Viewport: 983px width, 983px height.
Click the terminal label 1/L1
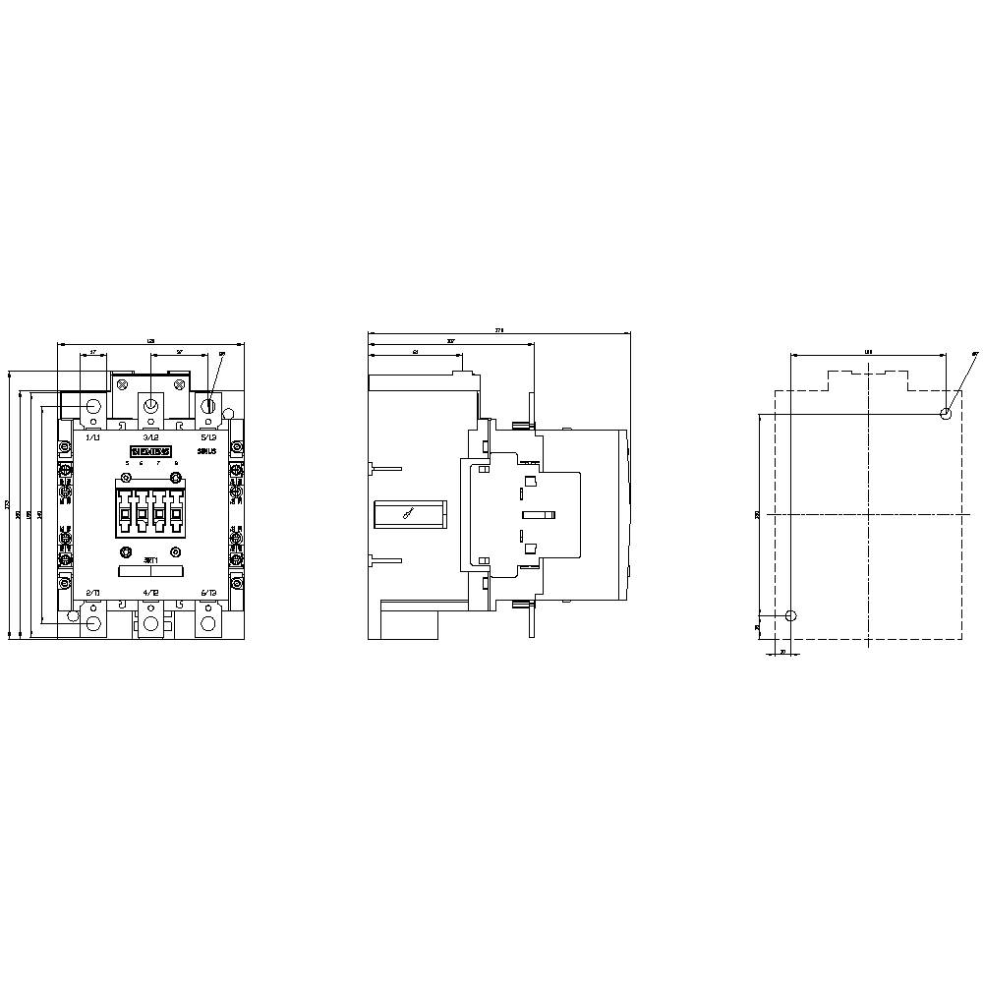tap(93, 436)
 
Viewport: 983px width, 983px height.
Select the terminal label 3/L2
tap(150, 436)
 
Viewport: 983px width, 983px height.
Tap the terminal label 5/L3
tap(208, 436)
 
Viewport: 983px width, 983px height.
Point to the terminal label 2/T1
tap(93, 593)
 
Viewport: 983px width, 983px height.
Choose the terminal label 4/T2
tap(150, 593)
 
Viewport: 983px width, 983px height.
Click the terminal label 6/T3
tap(208, 593)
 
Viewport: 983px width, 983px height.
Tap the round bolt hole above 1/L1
tap(94, 406)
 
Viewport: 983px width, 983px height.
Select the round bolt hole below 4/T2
tap(150, 623)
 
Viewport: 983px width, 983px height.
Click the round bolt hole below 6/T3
tap(208, 623)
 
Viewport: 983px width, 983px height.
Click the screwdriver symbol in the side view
tap(408, 513)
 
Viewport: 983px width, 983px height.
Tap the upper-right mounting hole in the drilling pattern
tap(946, 414)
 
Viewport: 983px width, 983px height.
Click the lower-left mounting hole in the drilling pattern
tap(792, 616)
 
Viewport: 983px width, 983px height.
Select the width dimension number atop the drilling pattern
tap(868, 350)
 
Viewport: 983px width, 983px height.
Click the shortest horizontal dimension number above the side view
tap(416, 351)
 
